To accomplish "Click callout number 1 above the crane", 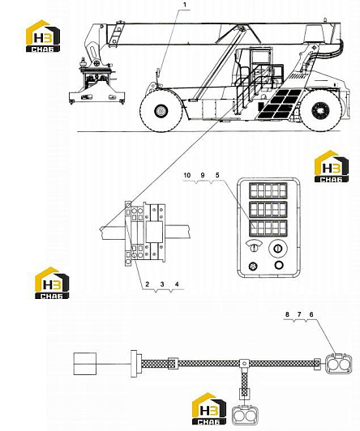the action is [x=185, y=5].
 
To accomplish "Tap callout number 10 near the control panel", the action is [x=187, y=175].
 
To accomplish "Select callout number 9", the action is [x=203, y=175].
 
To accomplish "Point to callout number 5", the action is [x=217, y=175].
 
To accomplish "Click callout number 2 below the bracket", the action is [x=148, y=284].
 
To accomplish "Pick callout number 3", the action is [x=162, y=284].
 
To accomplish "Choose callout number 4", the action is [x=177, y=284].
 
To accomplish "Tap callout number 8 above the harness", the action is [x=287, y=314].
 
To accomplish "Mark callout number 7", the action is [x=299, y=314].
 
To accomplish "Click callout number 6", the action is [x=311, y=314].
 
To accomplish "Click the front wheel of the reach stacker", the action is [x=161, y=110].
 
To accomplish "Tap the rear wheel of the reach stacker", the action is [x=320, y=110].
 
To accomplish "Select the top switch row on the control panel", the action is [x=268, y=190].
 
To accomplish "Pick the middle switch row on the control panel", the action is [x=268, y=210].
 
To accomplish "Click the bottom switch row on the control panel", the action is [x=268, y=228].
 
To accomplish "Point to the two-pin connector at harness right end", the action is [x=338, y=364].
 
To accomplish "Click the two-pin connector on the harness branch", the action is [x=246, y=414].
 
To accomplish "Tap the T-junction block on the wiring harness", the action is [x=244, y=364].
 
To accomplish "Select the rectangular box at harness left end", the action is [x=85, y=364].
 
